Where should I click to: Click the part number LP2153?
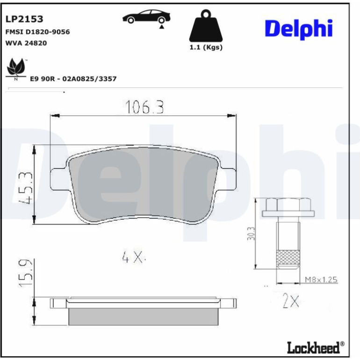[x=24, y=19]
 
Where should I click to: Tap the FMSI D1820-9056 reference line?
[x=37, y=32]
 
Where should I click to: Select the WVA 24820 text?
[x=26, y=43]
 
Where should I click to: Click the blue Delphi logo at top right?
[x=299, y=29]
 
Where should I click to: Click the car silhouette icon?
[x=146, y=17]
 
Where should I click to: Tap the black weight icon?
[x=206, y=26]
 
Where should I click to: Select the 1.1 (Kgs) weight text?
[x=206, y=47]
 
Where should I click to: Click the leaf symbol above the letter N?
[x=16, y=66]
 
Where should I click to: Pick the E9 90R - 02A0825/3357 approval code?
[x=73, y=79]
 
